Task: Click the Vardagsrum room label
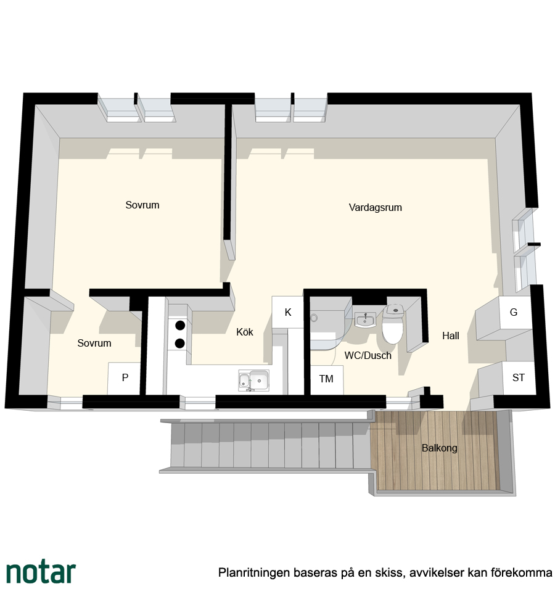coord(375,207)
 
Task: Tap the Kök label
coord(244,332)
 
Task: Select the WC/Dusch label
coord(368,355)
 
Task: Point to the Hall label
coord(451,336)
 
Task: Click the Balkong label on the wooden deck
coord(439,448)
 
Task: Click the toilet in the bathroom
coord(393,324)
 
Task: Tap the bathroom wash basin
coord(365,321)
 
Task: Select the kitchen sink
coord(254,381)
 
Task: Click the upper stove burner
coord(180,325)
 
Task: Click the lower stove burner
coord(180,343)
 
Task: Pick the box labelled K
coord(287,312)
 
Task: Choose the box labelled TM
coord(326,379)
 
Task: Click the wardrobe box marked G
coord(514,312)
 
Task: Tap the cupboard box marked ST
coord(519,377)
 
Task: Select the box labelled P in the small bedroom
coord(125,378)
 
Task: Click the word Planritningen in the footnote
coord(254,572)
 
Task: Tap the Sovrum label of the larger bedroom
coord(142,205)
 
